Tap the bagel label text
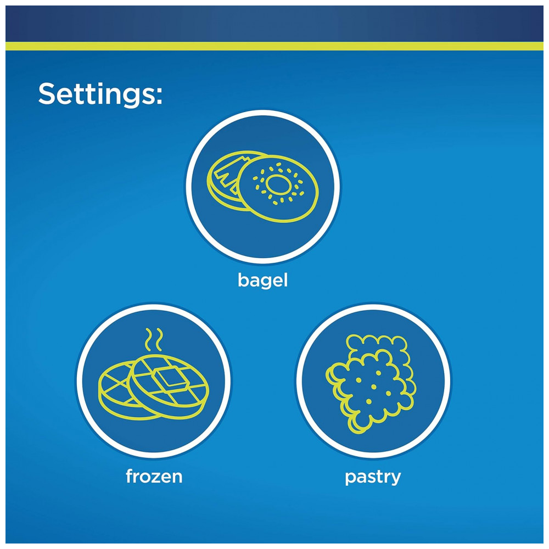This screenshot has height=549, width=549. point(262,280)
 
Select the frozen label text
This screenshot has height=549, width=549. point(154,476)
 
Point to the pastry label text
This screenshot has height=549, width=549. point(373,478)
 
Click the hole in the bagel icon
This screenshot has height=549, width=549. point(278,184)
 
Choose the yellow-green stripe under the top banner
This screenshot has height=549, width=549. point(274,46)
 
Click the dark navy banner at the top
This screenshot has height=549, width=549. point(274,24)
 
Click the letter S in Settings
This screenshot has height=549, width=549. point(48,93)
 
